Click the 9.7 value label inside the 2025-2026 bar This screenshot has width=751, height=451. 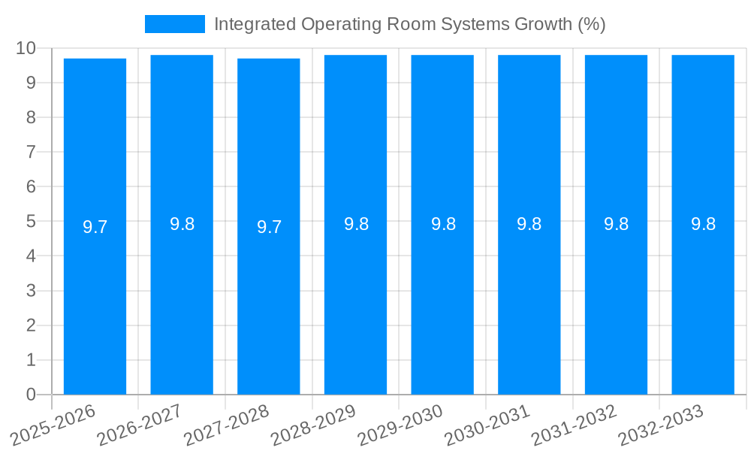pyautogui.click(x=95, y=227)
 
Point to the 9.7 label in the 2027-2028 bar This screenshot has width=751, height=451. pyautogui.click(x=269, y=227)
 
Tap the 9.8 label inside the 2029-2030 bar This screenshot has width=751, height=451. pyautogui.click(x=443, y=224)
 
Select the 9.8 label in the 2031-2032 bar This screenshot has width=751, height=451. pyautogui.click(x=616, y=224)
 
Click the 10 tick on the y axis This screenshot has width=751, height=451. pyautogui.click(x=26, y=48)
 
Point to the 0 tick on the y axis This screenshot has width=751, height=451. pyautogui.click(x=31, y=395)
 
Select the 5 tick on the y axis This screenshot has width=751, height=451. pyautogui.click(x=31, y=222)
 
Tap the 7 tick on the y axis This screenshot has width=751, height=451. pyautogui.click(x=31, y=152)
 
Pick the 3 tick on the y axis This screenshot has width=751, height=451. pyautogui.click(x=31, y=291)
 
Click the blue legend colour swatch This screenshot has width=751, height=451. pyautogui.click(x=174, y=24)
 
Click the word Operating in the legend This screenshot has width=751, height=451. pyautogui.click(x=334, y=25)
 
